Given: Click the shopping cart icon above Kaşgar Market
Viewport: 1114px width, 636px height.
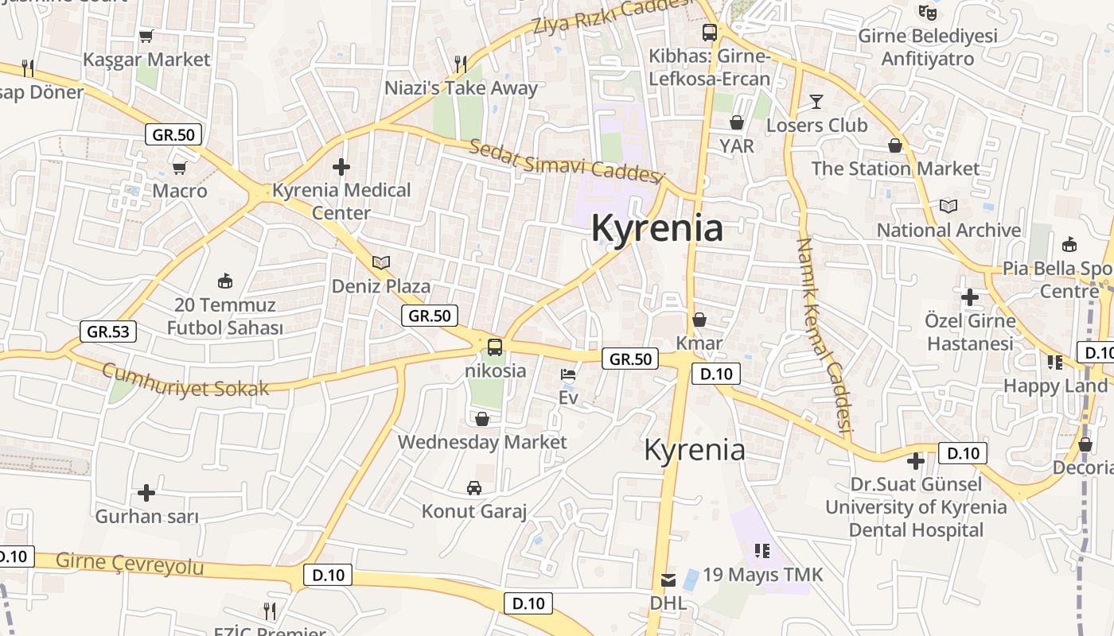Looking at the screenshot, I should [x=146, y=36].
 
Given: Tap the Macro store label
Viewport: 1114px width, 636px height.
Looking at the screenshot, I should [x=180, y=191].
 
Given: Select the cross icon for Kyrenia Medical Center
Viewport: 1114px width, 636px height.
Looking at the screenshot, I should [x=341, y=167].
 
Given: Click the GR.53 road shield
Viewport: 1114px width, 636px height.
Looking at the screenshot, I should [x=108, y=332].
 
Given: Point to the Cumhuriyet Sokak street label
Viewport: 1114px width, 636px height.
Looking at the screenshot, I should [x=185, y=380].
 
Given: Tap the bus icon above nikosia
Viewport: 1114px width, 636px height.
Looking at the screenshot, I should [x=495, y=347].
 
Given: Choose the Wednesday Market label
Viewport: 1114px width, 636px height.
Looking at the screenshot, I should [x=482, y=442].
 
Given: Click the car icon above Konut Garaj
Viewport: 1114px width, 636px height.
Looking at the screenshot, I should [x=474, y=487].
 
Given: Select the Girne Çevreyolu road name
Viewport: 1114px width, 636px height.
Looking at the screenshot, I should [x=130, y=564].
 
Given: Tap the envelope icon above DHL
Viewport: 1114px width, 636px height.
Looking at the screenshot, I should [x=668, y=580].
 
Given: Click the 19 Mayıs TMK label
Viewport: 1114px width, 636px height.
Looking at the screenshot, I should [x=762, y=574].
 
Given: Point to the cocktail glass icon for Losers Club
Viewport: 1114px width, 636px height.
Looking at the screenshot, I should [x=816, y=102].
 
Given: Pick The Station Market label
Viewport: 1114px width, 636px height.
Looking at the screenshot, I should [x=895, y=169].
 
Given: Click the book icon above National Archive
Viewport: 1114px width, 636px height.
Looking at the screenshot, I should [x=948, y=207].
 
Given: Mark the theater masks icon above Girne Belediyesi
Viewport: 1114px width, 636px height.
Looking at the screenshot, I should [x=927, y=13].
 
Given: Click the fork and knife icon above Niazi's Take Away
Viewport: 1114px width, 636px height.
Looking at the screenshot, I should [x=461, y=64].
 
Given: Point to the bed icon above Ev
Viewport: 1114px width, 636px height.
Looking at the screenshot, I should [x=568, y=374].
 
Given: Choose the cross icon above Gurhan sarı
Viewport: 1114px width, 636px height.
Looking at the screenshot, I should [x=146, y=493].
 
